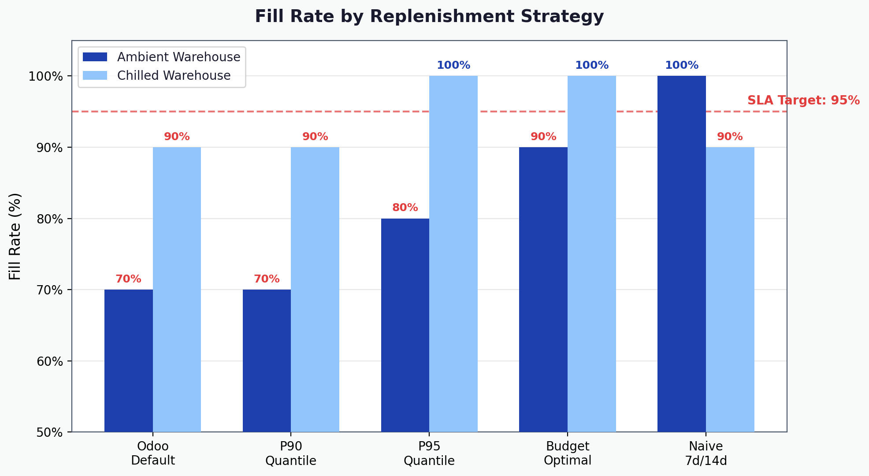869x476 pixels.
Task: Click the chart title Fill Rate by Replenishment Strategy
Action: tap(429, 17)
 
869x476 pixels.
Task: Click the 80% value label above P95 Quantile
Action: tap(405, 208)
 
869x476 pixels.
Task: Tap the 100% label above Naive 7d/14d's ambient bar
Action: tap(681, 66)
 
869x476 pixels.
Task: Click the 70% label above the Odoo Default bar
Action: tap(128, 279)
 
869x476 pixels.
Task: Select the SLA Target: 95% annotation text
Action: tap(803, 100)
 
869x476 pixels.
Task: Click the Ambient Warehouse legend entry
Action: tap(178, 57)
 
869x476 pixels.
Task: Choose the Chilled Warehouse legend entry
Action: tap(174, 76)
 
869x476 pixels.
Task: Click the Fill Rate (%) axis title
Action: tap(15, 236)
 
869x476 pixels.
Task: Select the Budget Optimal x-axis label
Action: tap(567, 453)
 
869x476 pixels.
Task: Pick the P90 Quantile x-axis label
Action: tap(291, 453)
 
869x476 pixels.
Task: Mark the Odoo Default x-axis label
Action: tap(153, 453)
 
